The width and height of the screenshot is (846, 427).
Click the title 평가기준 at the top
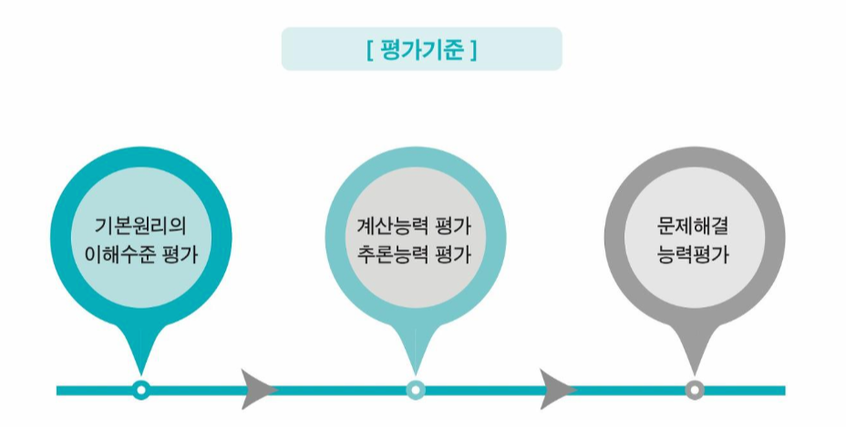tap(422, 49)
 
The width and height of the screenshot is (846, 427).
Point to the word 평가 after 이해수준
tap(179, 254)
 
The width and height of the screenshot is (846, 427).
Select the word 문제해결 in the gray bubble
tap(695, 225)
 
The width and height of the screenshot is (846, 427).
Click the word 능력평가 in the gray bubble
tap(695, 254)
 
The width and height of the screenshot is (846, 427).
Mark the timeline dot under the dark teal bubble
tap(140, 390)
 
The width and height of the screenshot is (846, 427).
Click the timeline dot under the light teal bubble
tap(416, 390)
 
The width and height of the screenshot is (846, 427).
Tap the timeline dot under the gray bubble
tap(695, 390)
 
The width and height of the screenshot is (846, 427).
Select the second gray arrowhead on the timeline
tap(557, 389)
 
